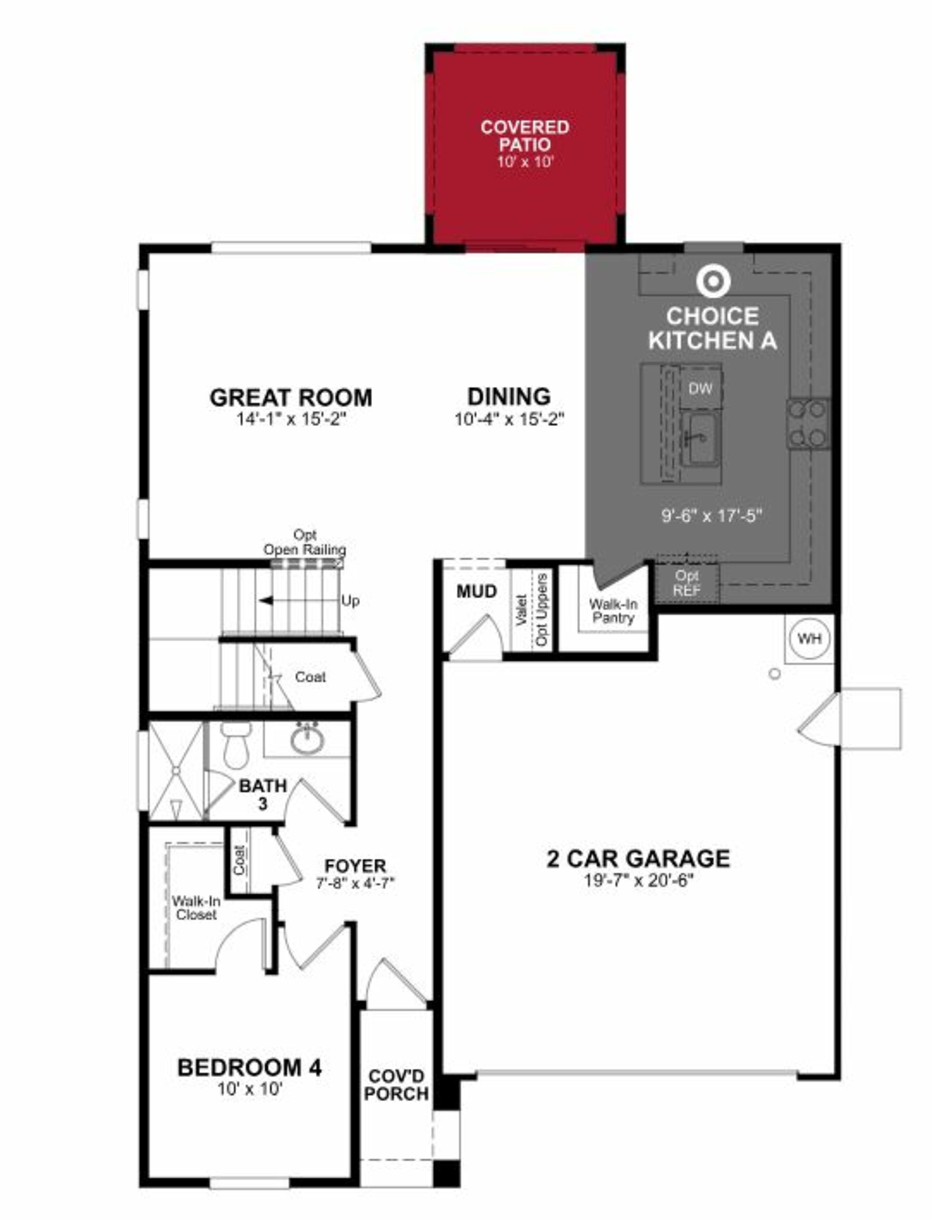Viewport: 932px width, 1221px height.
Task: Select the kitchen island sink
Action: (701, 438)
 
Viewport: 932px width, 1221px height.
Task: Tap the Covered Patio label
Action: (525, 136)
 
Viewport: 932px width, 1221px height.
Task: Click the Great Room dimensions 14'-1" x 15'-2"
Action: (291, 419)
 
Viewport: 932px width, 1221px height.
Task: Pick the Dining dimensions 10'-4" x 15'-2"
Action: (509, 419)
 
